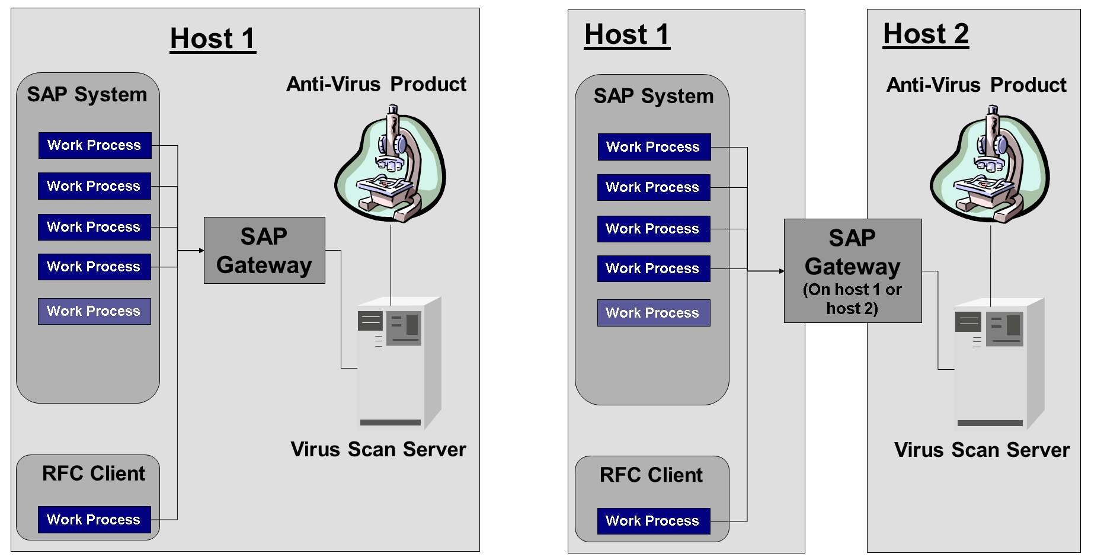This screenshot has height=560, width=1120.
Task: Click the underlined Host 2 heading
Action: (926, 34)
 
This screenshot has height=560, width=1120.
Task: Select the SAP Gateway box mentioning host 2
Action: (852, 271)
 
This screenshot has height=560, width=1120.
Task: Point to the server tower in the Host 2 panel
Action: (999, 363)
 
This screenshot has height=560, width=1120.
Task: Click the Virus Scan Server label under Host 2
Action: (981, 450)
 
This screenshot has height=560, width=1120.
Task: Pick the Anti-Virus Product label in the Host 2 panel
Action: (976, 85)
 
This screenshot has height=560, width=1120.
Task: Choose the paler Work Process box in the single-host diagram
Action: (94, 311)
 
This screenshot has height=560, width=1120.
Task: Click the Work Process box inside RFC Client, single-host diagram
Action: (94, 520)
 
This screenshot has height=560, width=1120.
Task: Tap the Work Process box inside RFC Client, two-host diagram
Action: (653, 521)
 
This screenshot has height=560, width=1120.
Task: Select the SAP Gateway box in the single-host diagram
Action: (264, 251)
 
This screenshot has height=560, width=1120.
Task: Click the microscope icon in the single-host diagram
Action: (391, 164)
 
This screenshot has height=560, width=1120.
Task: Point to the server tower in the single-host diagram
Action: (398, 362)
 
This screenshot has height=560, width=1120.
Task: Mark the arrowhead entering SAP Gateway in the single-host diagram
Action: (201, 251)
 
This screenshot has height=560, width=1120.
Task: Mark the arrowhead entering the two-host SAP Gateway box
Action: (782, 271)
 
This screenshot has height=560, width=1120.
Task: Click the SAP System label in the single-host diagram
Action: (87, 95)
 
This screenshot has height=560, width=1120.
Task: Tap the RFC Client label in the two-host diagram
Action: (651, 475)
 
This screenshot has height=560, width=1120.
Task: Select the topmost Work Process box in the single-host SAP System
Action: (95, 145)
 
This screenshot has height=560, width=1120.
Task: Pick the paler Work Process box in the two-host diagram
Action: (653, 313)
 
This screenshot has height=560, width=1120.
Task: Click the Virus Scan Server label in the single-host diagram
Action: (378, 450)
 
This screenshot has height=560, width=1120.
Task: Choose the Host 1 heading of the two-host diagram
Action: (627, 34)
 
